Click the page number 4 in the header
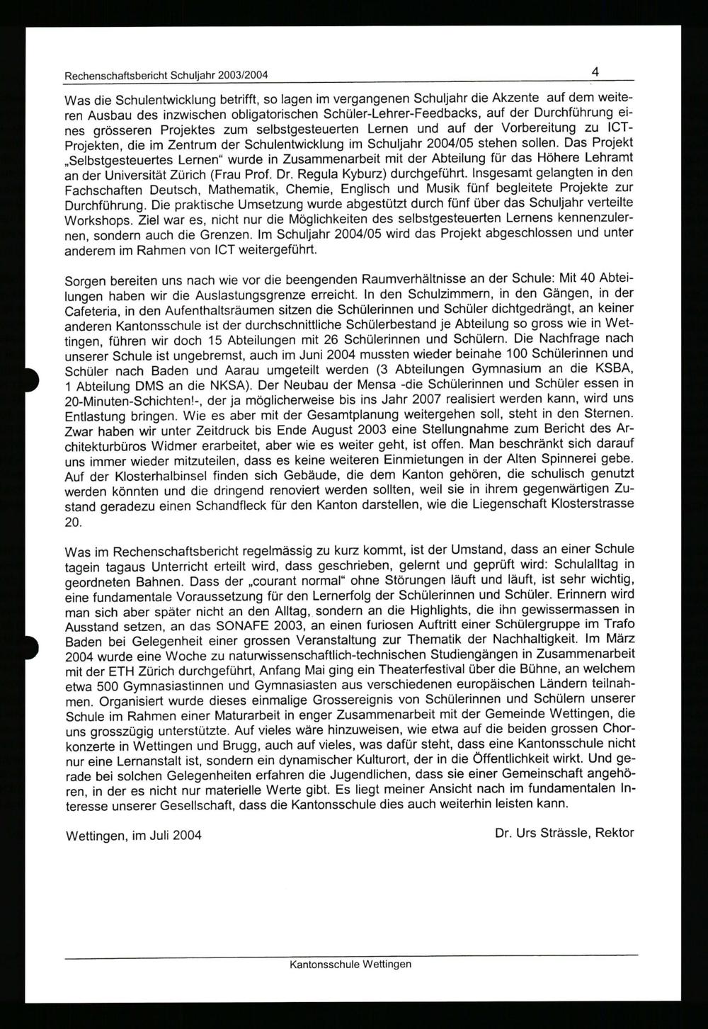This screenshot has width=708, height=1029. tap(596, 72)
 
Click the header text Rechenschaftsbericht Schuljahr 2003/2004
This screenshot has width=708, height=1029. tap(166, 76)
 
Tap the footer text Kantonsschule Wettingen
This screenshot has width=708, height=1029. tap(350, 964)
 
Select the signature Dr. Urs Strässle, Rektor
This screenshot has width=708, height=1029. tap(564, 833)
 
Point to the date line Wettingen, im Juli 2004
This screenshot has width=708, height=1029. tap(133, 835)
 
